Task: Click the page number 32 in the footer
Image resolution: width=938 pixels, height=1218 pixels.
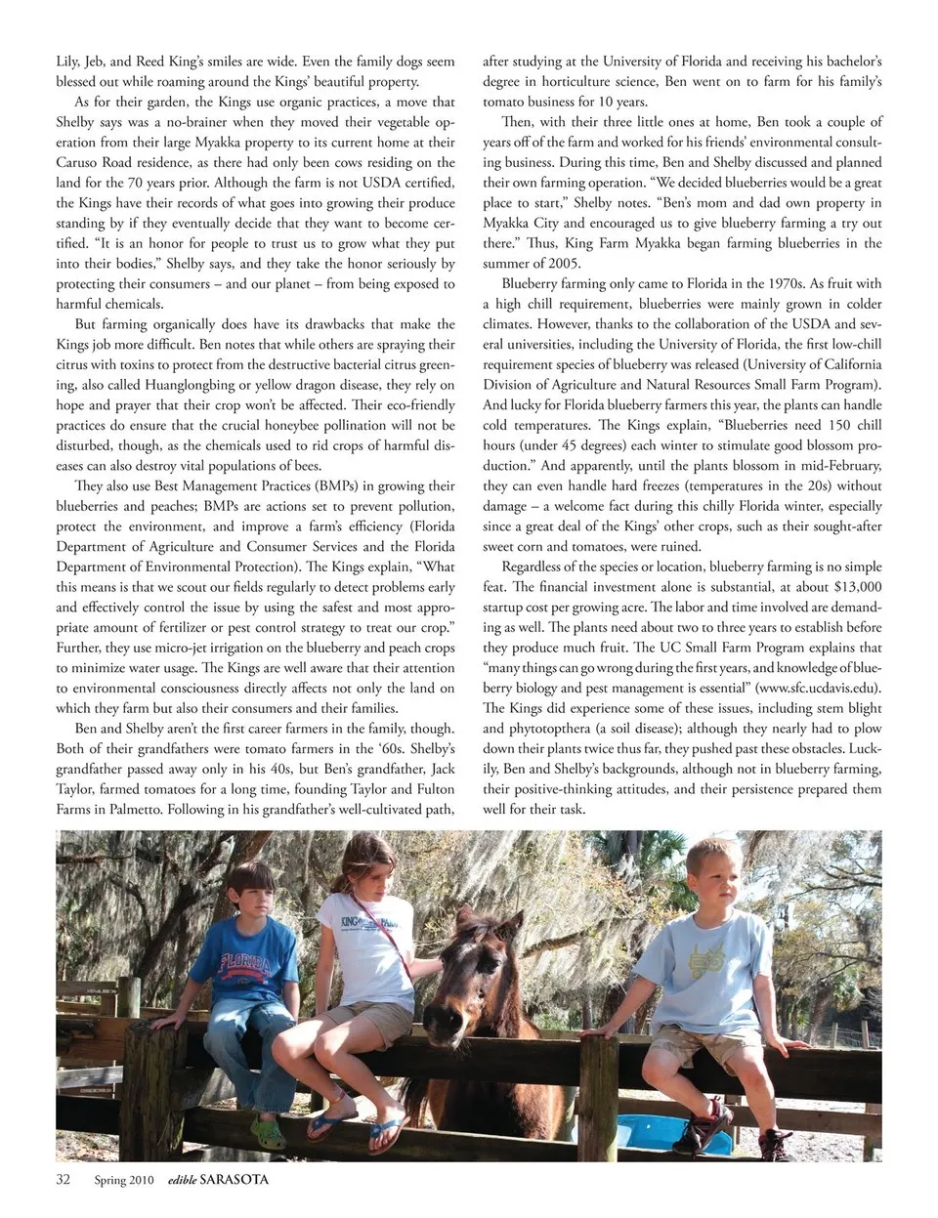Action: [64, 1179]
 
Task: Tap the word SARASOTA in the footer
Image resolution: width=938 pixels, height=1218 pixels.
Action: [234, 1179]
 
